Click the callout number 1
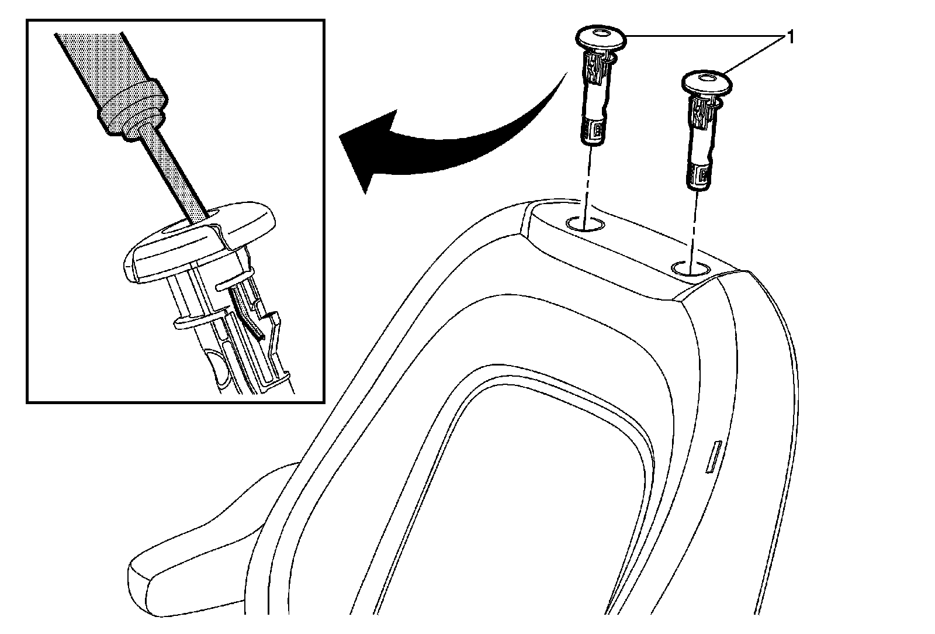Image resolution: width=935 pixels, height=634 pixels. pos(791,39)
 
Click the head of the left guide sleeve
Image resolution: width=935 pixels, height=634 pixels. pos(601,39)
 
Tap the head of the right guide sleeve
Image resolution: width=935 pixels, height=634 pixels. pos(707,82)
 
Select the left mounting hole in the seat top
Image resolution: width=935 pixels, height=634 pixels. pos(586,223)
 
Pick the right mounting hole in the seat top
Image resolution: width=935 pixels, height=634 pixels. pos(691,268)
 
